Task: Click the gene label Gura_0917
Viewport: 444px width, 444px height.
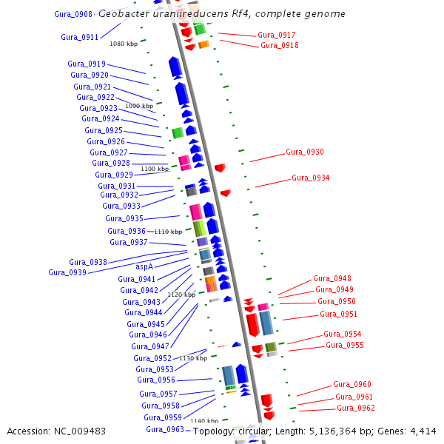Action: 277,35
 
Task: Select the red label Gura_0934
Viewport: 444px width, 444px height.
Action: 310,178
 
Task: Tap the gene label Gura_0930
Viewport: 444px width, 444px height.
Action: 305,152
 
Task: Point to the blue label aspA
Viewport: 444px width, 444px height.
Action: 144,266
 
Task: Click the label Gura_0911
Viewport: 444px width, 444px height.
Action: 79,37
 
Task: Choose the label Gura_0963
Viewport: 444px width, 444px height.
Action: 164,429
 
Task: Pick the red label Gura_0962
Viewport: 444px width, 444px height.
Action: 356,408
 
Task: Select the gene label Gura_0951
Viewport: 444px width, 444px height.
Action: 338,314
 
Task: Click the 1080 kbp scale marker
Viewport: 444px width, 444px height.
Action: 124,44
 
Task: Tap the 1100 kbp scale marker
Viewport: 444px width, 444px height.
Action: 155,169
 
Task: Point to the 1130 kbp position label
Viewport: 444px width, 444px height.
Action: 193,358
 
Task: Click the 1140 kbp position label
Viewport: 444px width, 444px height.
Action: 204,421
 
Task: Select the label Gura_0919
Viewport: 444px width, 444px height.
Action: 87,64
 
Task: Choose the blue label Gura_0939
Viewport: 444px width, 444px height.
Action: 67,272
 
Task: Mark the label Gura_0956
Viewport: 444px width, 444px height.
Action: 156,380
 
